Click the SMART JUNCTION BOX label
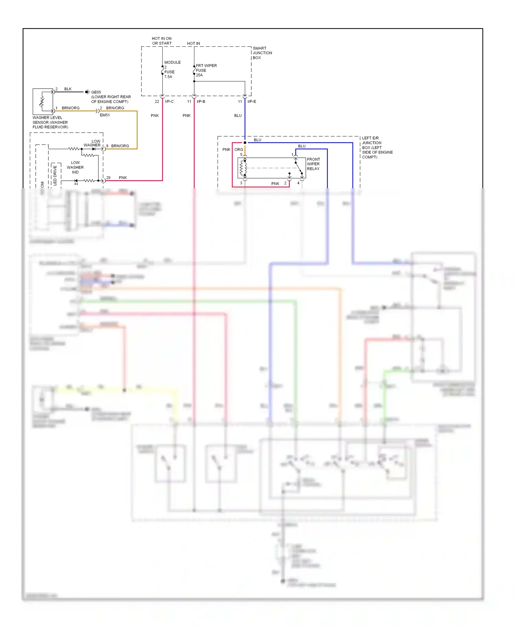(x=262, y=53)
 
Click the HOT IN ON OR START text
(x=162, y=41)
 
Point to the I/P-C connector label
(x=169, y=101)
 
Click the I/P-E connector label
(x=252, y=101)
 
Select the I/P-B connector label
(x=201, y=101)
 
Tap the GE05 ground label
(x=96, y=92)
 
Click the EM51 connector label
(x=105, y=115)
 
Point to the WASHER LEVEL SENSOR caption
(x=50, y=122)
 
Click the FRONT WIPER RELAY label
(x=313, y=164)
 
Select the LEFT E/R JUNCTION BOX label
(x=377, y=147)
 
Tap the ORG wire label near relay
(x=239, y=149)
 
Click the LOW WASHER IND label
(x=75, y=167)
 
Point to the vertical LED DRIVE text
(x=55, y=175)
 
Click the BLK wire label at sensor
(x=68, y=89)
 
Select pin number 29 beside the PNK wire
(x=108, y=178)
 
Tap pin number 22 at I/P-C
(x=157, y=101)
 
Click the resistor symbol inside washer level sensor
(x=42, y=101)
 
